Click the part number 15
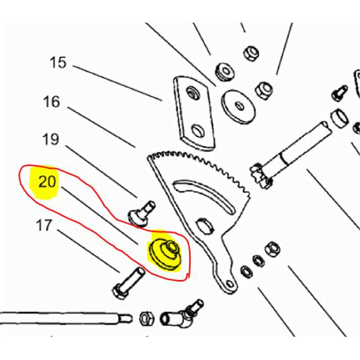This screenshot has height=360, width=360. tap(58, 62)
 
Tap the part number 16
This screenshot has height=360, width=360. tap(51, 102)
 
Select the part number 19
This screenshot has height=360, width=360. tap(51, 139)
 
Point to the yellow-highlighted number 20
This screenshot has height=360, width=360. tap(47, 182)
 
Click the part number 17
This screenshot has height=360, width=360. tap(44, 225)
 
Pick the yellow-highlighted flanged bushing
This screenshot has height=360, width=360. tap(165, 253)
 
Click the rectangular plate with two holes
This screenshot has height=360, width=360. tap(194, 114)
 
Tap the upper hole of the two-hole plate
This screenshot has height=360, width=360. tap(192, 93)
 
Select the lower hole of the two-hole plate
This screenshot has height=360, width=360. tap(198, 131)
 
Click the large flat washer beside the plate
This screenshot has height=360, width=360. tap(238, 107)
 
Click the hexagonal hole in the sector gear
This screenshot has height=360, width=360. tap(205, 226)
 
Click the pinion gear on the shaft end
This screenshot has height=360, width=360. tap(261, 176)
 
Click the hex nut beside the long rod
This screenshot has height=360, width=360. tap(147, 318)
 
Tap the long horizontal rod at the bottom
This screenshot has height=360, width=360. tap(66, 318)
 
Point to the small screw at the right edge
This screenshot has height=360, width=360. tap(339, 93)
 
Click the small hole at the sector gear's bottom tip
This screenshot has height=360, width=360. tap(229, 284)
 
